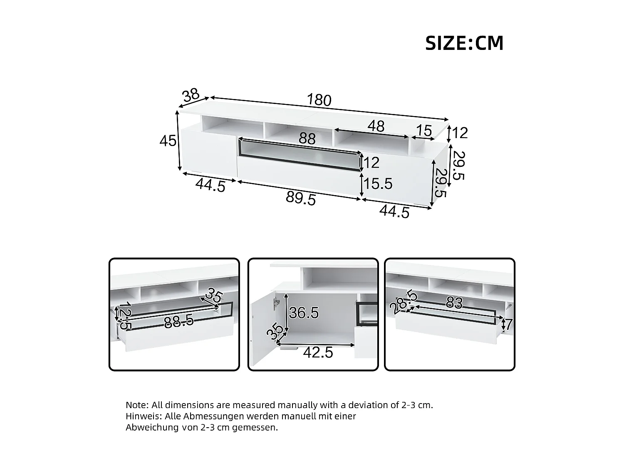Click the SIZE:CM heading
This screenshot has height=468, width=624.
click(x=464, y=43)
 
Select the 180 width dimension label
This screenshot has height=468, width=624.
click(x=319, y=100)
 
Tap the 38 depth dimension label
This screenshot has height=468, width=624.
click(x=191, y=96)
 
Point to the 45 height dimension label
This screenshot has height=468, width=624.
click(x=168, y=141)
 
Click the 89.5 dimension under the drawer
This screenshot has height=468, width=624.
click(x=301, y=199)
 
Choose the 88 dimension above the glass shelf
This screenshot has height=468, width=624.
click(x=307, y=139)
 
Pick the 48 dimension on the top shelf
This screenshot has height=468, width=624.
click(x=376, y=126)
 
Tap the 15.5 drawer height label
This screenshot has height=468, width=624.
click(x=378, y=183)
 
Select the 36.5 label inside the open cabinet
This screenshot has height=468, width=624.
click(x=304, y=312)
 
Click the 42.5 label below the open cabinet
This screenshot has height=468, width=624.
click(x=318, y=353)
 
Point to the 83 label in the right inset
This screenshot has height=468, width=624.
click(x=454, y=303)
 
